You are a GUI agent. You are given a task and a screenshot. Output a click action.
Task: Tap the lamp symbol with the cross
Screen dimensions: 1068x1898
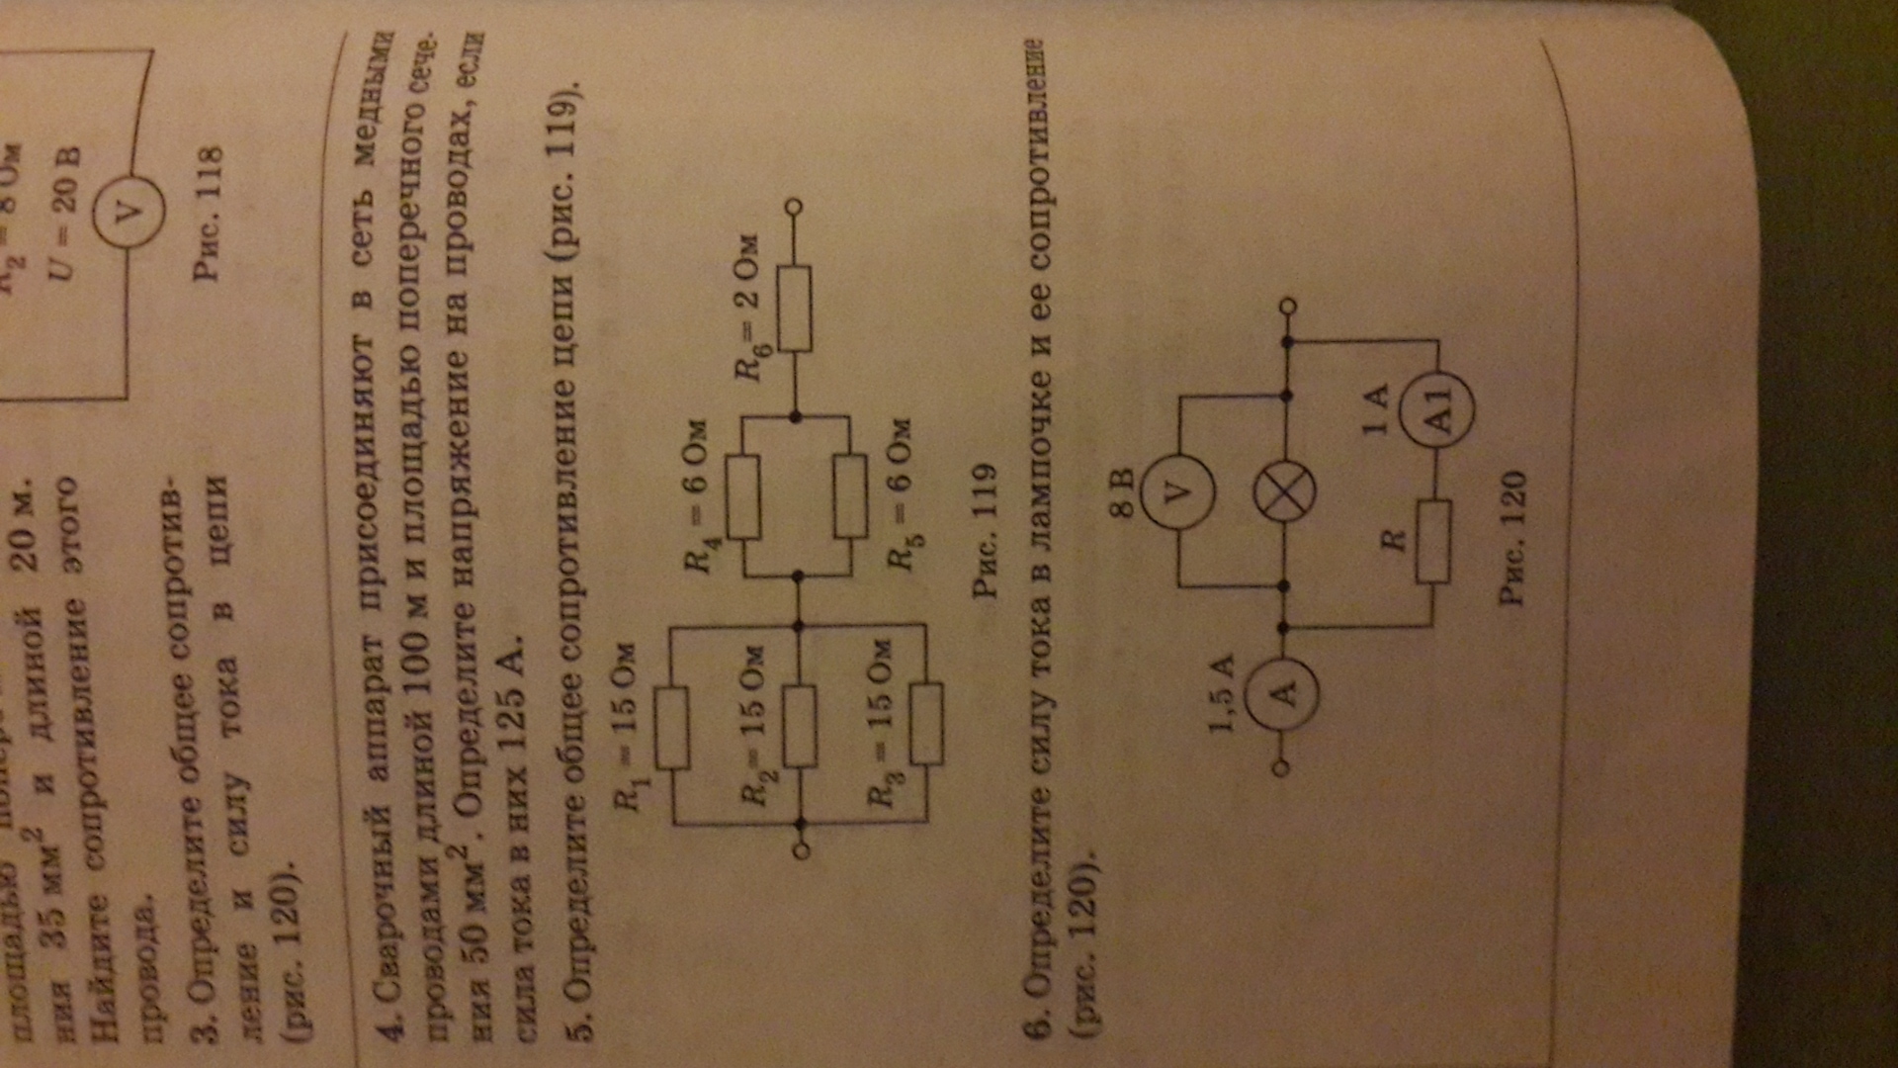click(1284, 491)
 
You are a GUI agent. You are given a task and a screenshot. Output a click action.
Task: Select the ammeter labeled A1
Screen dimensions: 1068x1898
click(1440, 406)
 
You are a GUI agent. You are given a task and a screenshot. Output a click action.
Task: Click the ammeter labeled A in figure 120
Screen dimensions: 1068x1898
click(1283, 693)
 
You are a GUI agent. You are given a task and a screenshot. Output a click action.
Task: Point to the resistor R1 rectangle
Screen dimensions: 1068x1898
click(672, 729)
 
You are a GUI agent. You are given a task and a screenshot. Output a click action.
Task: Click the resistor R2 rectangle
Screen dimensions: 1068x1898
click(799, 726)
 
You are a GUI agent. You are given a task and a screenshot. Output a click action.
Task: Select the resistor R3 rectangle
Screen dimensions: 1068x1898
click(926, 723)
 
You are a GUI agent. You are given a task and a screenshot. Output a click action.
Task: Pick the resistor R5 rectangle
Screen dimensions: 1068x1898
click(850, 496)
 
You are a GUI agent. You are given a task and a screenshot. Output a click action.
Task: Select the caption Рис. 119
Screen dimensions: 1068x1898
click(986, 529)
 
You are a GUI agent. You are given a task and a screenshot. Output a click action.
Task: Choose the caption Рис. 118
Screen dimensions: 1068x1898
click(210, 212)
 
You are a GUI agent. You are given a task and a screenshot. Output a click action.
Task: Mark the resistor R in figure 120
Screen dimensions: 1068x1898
click(1433, 541)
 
